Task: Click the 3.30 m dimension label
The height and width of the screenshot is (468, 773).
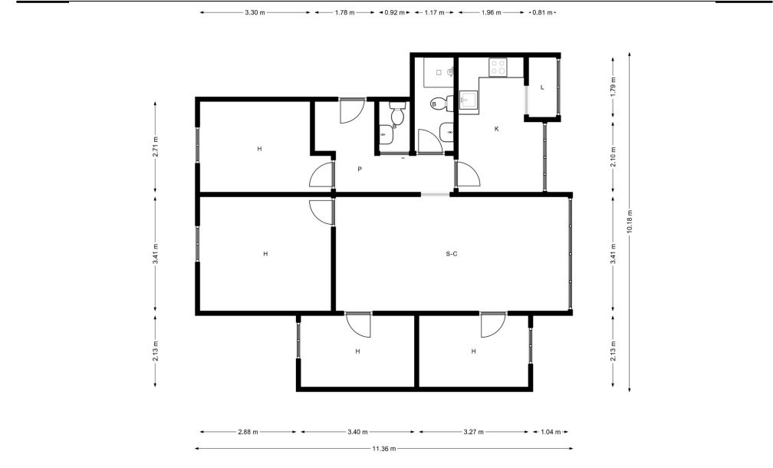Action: [x=255, y=13]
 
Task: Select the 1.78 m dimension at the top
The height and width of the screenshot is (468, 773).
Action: [x=344, y=13]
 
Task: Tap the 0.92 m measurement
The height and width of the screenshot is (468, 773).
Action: [x=394, y=13]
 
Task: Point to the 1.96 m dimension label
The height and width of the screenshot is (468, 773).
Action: [x=491, y=13]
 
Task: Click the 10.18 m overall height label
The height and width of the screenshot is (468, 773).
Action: [x=629, y=222]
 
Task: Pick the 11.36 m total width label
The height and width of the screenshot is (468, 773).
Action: [x=384, y=449]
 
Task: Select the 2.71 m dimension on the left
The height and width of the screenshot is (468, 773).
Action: [x=155, y=147]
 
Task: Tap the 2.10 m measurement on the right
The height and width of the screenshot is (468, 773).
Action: [x=613, y=157]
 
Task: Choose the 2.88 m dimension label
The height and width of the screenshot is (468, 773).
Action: [x=248, y=432]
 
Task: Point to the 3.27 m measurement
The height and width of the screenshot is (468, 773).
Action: [x=473, y=432]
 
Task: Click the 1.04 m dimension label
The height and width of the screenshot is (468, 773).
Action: [x=551, y=432]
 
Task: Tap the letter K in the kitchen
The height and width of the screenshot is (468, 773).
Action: [x=496, y=129]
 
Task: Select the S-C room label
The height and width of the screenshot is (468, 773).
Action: [x=452, y=254]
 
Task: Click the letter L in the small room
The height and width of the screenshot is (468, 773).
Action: [x=542, y=87]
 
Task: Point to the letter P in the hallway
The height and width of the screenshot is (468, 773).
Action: [x=360, y=169]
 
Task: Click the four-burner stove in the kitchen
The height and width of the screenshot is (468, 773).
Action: [x=498, y=67]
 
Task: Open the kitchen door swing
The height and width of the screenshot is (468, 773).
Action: [x=468, y=173]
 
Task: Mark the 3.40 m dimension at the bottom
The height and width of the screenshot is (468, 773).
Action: [x=357, y=432]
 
